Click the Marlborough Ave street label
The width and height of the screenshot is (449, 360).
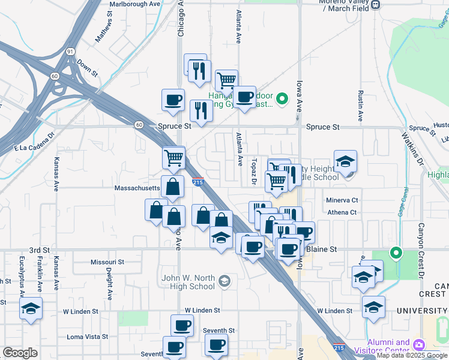point(135,3)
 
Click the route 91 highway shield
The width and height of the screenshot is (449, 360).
point(71,52)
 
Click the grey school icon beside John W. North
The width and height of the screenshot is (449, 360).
point(224,281)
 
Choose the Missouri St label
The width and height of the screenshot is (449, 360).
point(107,262)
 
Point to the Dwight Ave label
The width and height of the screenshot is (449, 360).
point(110,284)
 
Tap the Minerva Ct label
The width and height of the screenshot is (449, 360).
point(342,200)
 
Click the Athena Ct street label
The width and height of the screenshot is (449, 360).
point(342,212)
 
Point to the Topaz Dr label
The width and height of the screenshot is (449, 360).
point(254,172)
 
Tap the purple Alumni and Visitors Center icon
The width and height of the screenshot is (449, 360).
point(418,345)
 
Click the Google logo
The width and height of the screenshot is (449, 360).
point(20,353)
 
